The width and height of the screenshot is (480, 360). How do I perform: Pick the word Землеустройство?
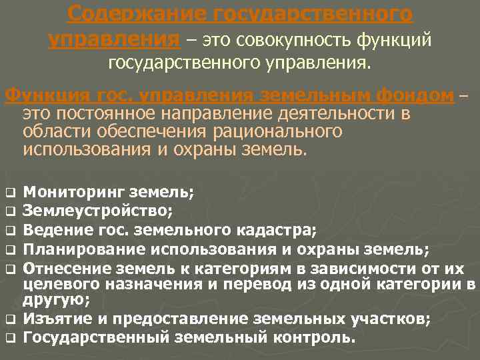pyautogui.click(x=97, y=212)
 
